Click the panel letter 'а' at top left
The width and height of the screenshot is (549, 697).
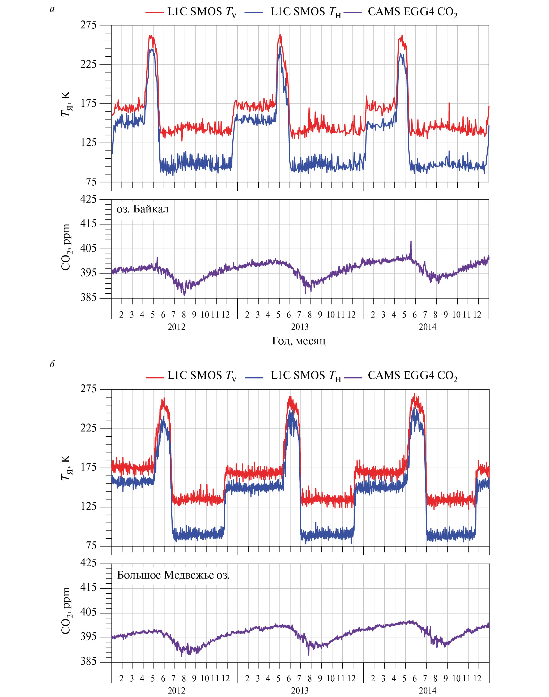tap(52, 9)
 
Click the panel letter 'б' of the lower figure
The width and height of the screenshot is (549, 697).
tap(52, 364)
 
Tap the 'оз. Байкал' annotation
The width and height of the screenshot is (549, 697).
tap(142, 209)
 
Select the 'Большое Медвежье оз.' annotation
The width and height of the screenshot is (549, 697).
tap(173, 575)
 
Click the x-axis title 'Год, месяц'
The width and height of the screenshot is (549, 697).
tap(299, 341)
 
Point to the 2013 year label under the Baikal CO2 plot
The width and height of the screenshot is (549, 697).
tap(300, 327)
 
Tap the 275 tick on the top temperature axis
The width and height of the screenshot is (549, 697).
tap(88, 25)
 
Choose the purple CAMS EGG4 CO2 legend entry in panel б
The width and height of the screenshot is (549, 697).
tap(401, 376)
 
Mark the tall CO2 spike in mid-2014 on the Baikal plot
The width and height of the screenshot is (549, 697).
tap(411, 242)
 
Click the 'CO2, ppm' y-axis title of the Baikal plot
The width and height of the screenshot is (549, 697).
tap(66, 247)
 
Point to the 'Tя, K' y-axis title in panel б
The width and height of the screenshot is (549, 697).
tap(66, 468)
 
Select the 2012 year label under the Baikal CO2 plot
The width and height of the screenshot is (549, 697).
tap(176, 327)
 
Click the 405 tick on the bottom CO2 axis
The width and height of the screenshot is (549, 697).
tap(88, 612)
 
